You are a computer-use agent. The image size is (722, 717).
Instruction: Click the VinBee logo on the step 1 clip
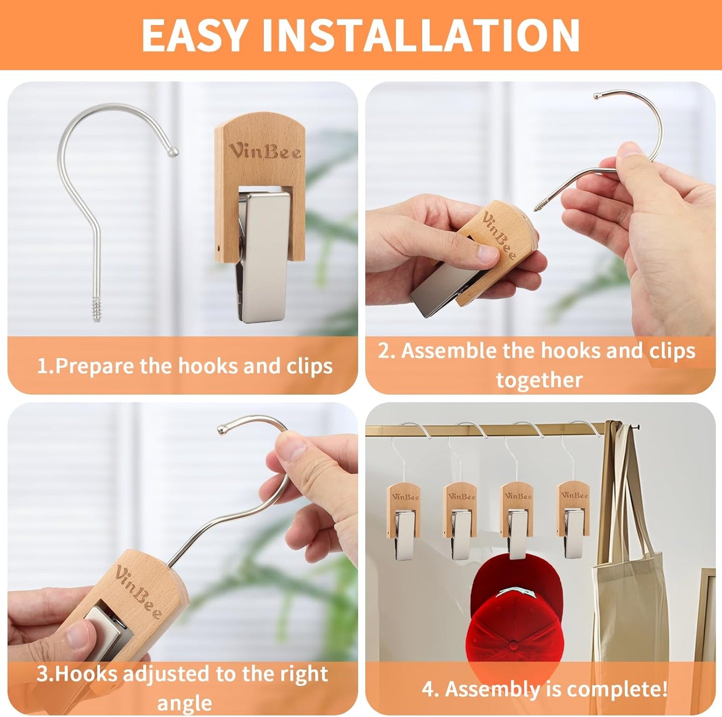(265, 151)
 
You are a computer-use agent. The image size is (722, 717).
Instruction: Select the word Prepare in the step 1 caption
(95, 366)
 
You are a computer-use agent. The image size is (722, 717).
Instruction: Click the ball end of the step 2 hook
(598, 95)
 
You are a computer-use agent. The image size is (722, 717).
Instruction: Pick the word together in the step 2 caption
(539, 380)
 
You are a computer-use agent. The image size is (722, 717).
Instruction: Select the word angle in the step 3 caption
(184, 703)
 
